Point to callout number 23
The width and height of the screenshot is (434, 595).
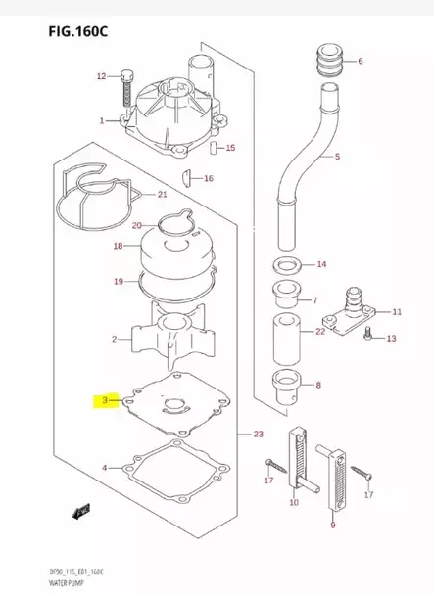pos(258,435)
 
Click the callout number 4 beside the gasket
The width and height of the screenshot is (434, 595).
pos(105,468)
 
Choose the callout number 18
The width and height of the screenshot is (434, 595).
pos(118,246)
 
